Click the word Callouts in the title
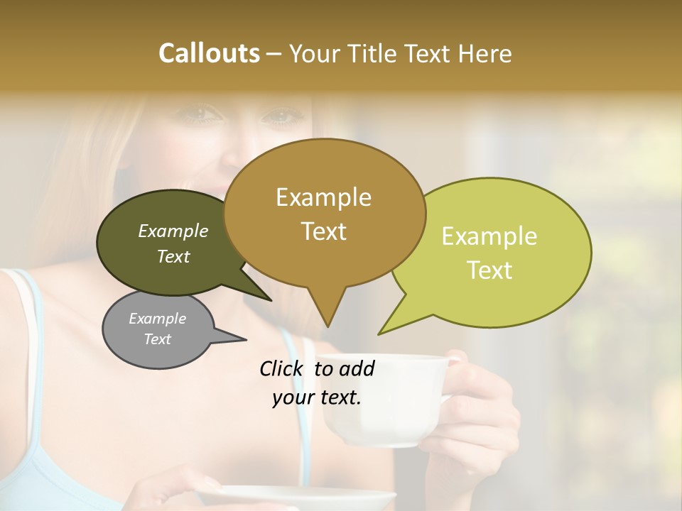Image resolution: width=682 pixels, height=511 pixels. point(209,53)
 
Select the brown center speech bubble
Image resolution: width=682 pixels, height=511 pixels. point(324,213)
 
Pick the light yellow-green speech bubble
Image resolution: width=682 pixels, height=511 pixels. point(497,252)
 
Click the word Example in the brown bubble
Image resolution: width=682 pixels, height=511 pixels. point(323,197)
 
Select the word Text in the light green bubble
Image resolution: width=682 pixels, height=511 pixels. point(490,270)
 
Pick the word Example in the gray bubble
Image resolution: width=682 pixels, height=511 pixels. point(158,319)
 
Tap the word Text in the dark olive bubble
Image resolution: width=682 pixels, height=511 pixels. point(173,257)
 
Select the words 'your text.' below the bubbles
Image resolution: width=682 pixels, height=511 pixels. point(317,398)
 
